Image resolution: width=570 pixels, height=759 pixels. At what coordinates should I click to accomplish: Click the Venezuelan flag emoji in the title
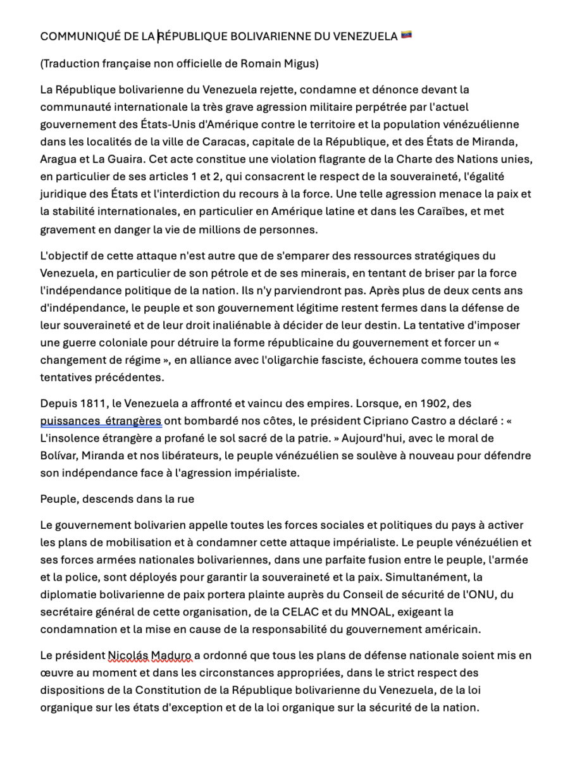click(406, 35)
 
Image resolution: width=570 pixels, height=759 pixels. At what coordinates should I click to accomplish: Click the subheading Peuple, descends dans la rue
click(117, 498)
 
